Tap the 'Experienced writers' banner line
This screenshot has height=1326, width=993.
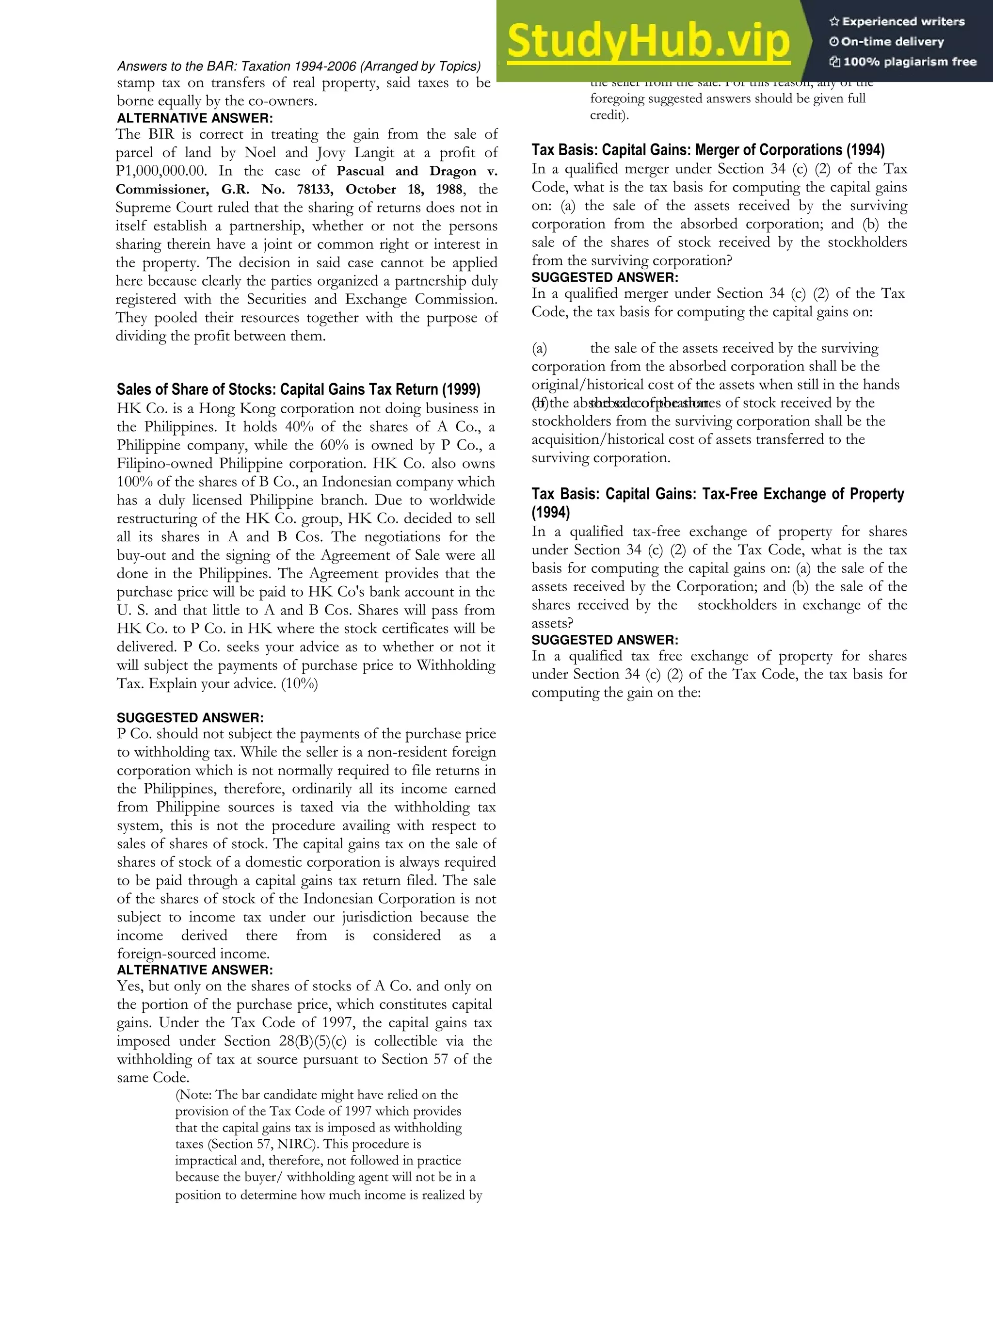(x=897, y=21)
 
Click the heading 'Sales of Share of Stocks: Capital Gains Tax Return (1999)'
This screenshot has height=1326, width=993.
(x=299, y=389)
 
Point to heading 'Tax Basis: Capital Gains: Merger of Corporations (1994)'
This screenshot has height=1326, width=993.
(x=708, y=150)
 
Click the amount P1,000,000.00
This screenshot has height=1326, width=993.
(x=160, y=171)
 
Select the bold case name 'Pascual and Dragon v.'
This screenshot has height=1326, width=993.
(x=417, y=171)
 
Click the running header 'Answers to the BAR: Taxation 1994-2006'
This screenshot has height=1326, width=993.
(x=299, y=66)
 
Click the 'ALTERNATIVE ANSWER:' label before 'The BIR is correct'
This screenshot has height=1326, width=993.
(x=195, y=118)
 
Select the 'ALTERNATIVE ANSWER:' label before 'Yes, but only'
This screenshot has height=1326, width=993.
(x=195, y=970)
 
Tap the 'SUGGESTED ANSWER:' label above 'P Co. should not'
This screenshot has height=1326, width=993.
(x=190, y=717)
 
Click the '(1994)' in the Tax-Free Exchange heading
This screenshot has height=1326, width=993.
(x=551, y=513)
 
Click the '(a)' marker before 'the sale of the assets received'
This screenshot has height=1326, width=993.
(x=539, y=348)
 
